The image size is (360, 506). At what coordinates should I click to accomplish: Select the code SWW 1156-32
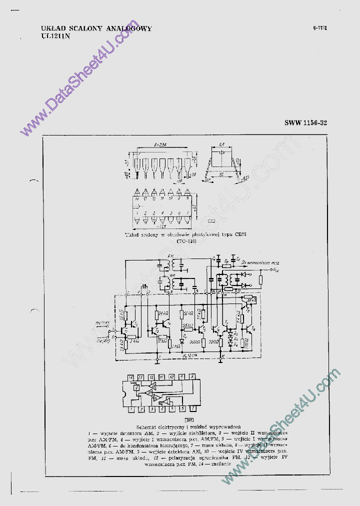(x=305, y=122)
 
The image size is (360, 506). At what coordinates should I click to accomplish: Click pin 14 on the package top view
(x=136, y=199)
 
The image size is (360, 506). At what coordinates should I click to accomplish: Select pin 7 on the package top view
(x=187, y=214)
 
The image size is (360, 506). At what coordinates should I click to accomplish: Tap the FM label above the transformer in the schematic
(x=172, y=256)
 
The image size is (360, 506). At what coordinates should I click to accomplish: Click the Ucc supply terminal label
(x=275, y=269)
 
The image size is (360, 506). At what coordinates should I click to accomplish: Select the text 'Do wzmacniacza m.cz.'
(x=259, y=262)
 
